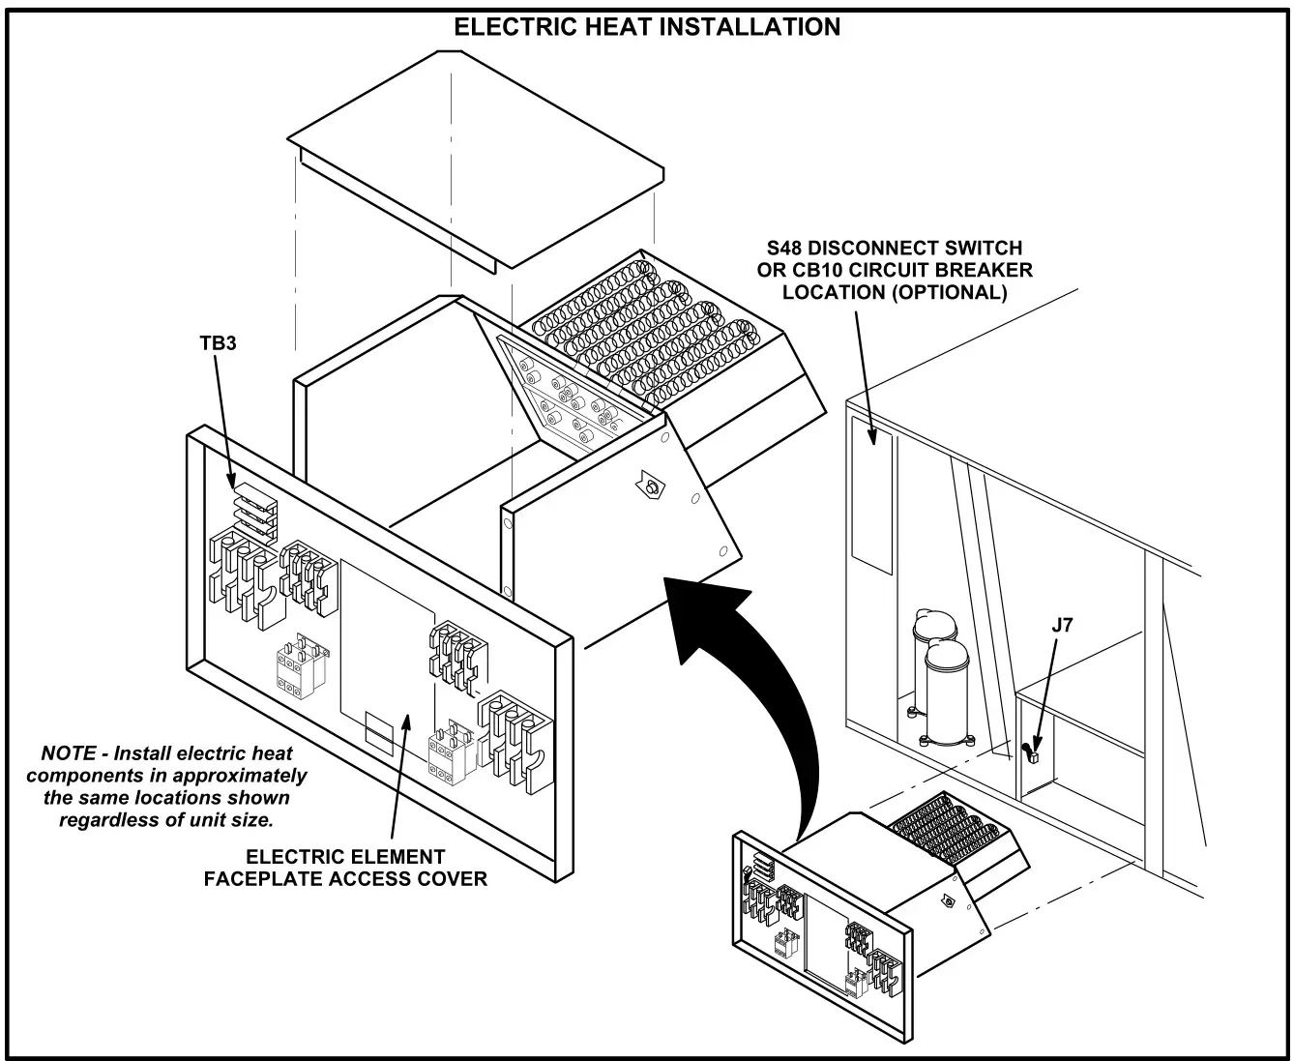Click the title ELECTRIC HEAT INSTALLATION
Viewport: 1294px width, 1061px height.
(647, 27)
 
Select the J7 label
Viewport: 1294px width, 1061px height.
(1061, 626)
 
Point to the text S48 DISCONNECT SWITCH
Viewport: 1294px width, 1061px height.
(891, 249)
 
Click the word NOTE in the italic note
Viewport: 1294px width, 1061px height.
(68, 753)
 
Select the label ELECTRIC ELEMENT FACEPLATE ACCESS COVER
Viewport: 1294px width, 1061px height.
(345, 868)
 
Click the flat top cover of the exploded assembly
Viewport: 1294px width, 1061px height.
(474, 155)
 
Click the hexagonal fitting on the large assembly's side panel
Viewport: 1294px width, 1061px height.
(651, 489)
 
